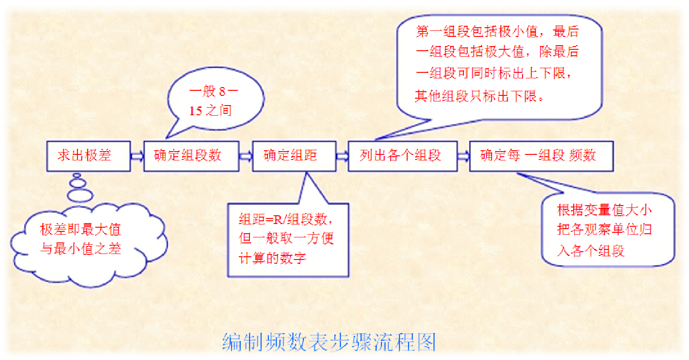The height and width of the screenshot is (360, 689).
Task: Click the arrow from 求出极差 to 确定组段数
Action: (x=137, y=156)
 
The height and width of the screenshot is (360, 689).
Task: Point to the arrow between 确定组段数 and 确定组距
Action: (x=245, y=156)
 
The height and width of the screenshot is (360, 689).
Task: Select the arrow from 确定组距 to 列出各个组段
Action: (x=342, y=156)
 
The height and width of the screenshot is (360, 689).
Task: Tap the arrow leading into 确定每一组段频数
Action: (x=463, y=156)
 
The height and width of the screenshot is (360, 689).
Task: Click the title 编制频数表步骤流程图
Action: (x=329, y=342)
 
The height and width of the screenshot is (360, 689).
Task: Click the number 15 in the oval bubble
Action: (x=196, y=111)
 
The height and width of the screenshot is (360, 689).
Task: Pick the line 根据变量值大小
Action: (x=605, y=210)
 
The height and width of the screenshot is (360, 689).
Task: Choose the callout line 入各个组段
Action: (x=591, y=251)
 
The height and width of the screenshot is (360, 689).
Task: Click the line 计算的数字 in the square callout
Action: (x=273, y=258)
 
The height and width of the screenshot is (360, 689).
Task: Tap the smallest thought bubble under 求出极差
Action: (x=77, y=176)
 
